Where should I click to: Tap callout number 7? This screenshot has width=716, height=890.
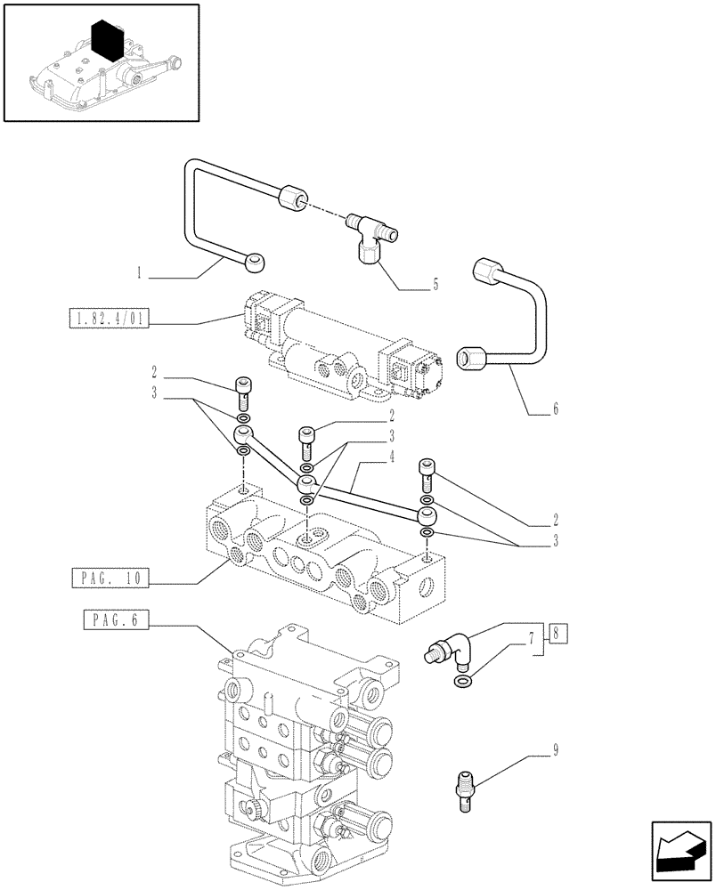[532, 638]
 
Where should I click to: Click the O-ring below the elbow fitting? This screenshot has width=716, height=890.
[462, 683]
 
